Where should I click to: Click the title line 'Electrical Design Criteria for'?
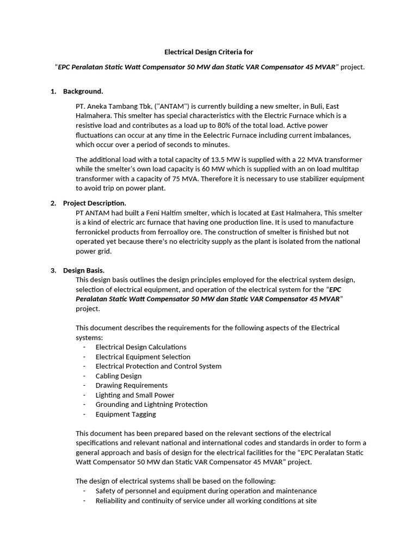point(209,52)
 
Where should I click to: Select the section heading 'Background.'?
point(83,91)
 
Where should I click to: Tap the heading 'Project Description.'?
point(95,203)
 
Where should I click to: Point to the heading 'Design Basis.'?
point(84,270)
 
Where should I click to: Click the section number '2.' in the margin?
point(53,203)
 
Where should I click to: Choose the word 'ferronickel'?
point(94,232)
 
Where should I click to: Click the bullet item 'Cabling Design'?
point(118,376)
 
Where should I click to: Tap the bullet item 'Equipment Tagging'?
point(125,414)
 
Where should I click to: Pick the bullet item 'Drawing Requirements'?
point(131,385)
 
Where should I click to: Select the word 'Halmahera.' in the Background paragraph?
point(94,116)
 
